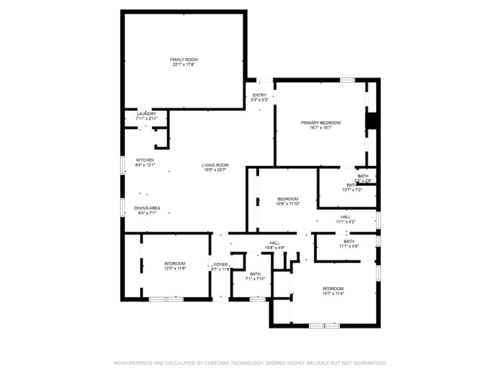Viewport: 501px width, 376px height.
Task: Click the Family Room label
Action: [x=184, y=60]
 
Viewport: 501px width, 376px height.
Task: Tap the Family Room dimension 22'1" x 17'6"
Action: [x=184, y=65]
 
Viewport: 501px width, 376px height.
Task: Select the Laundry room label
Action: [x=147, y=114]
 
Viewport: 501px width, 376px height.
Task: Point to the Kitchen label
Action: [x=145, y=160]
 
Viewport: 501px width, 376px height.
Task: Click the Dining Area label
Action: [x=147, y=208]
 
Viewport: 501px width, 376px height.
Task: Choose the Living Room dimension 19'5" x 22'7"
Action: [x=215, y=170]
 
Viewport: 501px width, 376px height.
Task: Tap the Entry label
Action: [x=260, y=95]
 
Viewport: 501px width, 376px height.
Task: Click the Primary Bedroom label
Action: [x=321, y=123]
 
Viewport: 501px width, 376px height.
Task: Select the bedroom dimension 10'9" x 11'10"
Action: [x=288, y=203]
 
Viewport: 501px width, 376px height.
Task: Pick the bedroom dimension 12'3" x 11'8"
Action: [x=175, y=269]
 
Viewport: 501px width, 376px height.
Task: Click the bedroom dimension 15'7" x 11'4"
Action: [x=333, y=294]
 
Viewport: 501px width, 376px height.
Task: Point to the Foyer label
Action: [x=221, y=264]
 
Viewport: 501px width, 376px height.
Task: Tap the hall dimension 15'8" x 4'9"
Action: [x=275, y=248]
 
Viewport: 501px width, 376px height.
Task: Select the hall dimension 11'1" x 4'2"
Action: [x=346, y=221]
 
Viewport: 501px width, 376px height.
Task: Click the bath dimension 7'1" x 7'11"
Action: [x=255, y=279]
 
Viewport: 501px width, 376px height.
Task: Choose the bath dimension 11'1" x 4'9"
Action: [x=349, y=246]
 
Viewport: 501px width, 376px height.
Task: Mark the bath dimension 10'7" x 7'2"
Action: [x=352, y=190]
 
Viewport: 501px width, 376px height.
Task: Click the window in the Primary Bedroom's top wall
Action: [x=347, y=80]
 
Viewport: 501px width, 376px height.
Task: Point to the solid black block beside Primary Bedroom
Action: [x=372, y=121]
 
